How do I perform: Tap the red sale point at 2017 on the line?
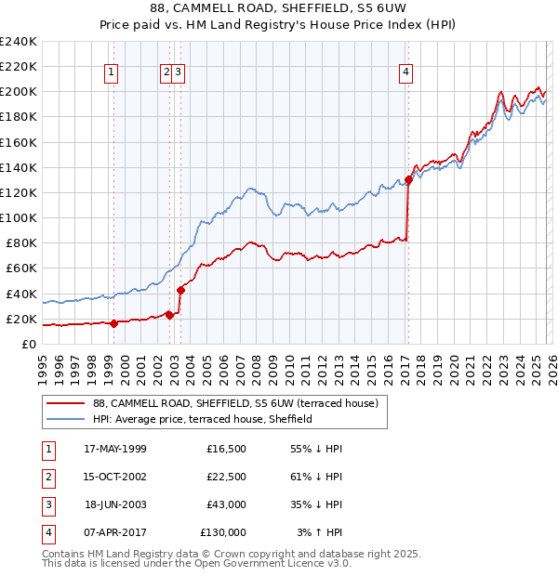tap(408, 179)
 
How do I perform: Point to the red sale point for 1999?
tap(113, 323)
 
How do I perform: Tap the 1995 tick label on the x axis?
tap(42, 366)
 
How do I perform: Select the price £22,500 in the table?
tap(226, 477)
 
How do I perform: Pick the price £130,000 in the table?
tap(223, 532)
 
